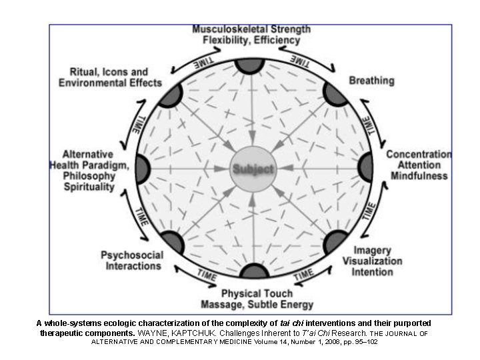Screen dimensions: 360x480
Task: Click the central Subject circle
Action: point(253,168)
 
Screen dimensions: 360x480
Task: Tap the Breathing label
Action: point(371,81)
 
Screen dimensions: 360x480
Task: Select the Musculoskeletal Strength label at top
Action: point(251,29)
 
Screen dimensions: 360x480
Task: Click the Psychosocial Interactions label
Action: point(131,260)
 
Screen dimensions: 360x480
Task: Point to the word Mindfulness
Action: point(418,176)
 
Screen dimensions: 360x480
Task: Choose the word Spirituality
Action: point(89,187)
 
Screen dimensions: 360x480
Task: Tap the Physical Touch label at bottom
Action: point(257,293)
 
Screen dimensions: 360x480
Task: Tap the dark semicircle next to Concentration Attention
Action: point(366,167)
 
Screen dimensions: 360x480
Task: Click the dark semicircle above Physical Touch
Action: point(254,271)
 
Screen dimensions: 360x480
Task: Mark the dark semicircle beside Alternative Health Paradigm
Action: point(142,168)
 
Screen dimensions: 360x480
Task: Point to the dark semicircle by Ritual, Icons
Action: point(171,95)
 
